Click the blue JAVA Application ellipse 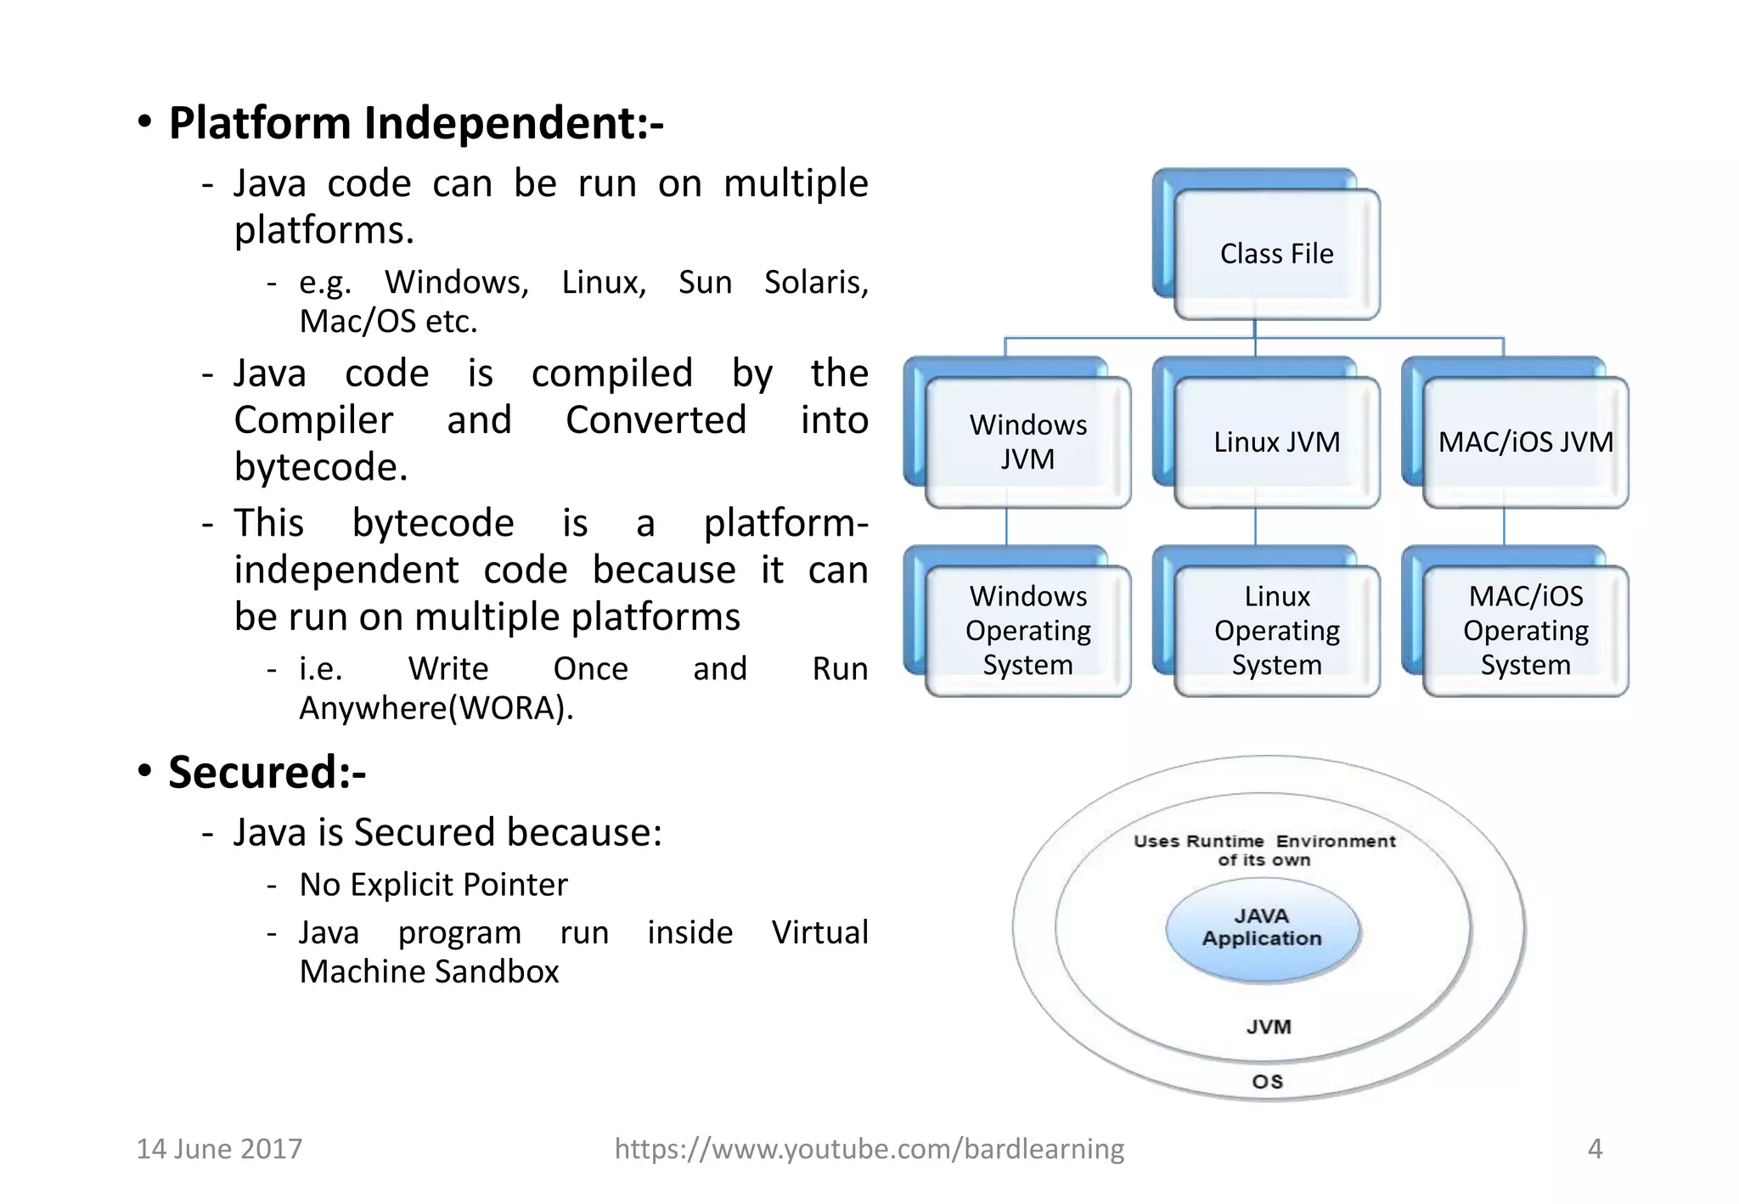click(x=1263, y=929)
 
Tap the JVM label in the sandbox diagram click(x=1269, y=1027)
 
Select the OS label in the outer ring click(x=1268, y=1082)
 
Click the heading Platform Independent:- click(x=416, y=123)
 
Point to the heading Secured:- click(x=267, y=773)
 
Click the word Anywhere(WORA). click(x=436, y=708)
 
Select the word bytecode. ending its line click(x=321, y=467)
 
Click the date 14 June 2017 click(x=219, y=1149)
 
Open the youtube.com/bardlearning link click(x=869, y=1149)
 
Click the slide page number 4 click(x=1595, y=1149)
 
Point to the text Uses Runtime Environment click(x=1264, y=841)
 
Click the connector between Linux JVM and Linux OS click(x=1255, y=527)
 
